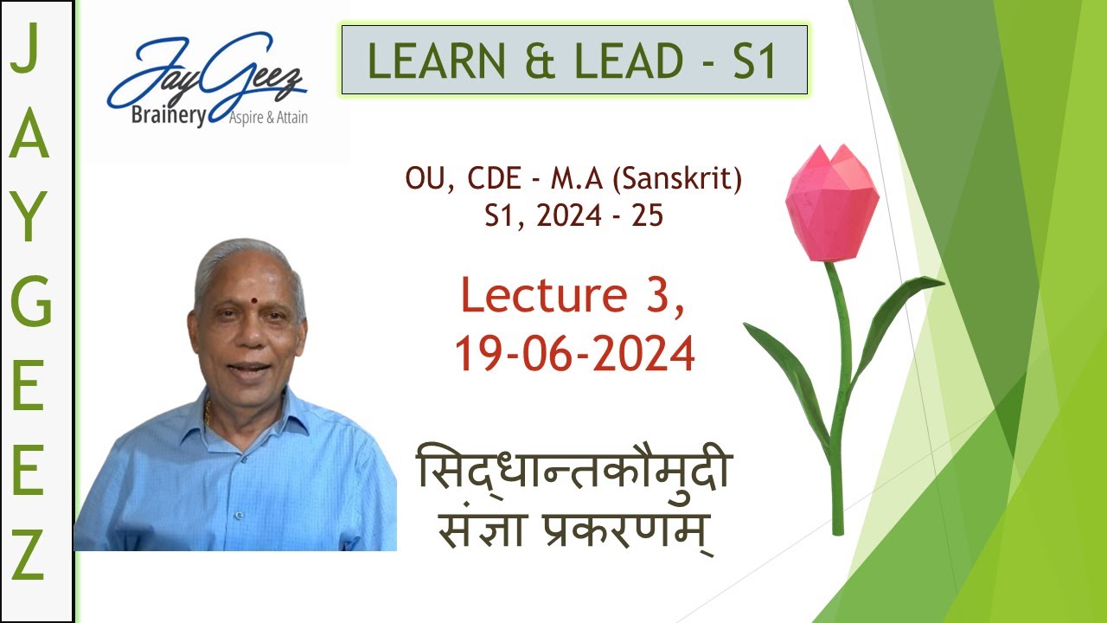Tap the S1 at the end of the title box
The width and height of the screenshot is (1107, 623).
pyautogui.click(x=755, y=61)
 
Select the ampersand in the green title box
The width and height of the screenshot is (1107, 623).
pyautogui.click(x=542, y=61)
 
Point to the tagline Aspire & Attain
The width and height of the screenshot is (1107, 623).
pyautogui.click(x=267, y=119)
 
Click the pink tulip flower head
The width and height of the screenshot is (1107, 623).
pyautogui.click(x=831, y=204)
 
